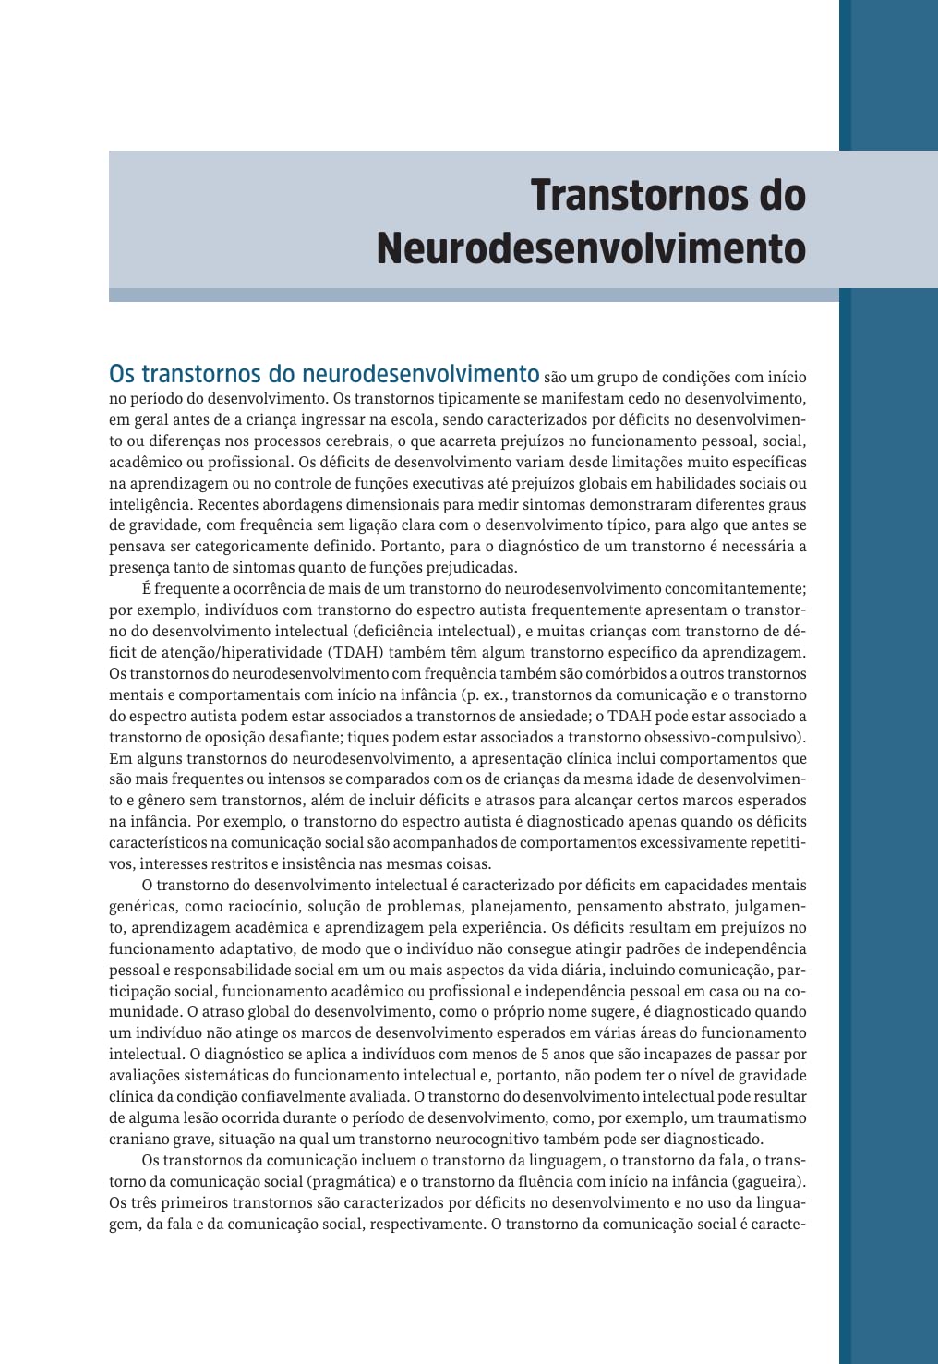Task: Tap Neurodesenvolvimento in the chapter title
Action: (x=591, y=248)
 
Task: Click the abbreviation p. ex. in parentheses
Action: (x=478, y=695)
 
